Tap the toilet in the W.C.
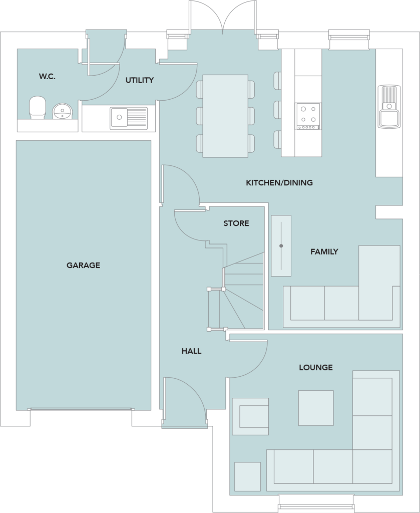tap(37, 107)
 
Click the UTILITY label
tap(139, 80)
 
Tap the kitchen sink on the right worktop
tap(389, 106)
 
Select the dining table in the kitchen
tap(225, 115)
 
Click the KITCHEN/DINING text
tap(279, 183)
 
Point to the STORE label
tap(236, 223)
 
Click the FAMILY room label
tap(324, 251)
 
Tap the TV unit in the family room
tap(281, 245)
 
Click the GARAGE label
tap(83, 265)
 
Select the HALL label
tap(191, 351)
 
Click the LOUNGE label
tap(315, 367)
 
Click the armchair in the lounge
tap(250, 416)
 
